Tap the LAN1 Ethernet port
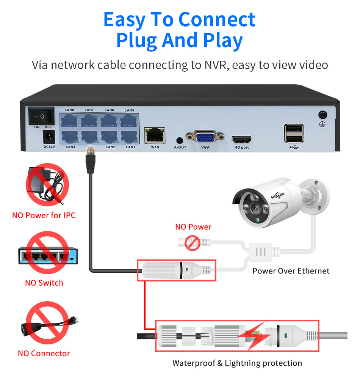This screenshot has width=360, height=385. [x=130, y=137]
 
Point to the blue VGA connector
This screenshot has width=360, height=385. [x=205, y=137]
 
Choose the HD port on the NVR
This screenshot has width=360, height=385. [x=241, y=139]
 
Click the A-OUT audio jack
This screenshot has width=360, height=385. [x=180, y=140]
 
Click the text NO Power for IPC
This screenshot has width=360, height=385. [x=44, y=215]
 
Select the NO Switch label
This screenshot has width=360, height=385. [x=44, y=283]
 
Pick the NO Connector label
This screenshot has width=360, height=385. [x=44, y=354]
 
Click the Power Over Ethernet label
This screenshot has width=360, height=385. [x=291, y=271]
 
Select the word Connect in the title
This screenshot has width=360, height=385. [x=217, y=19]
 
